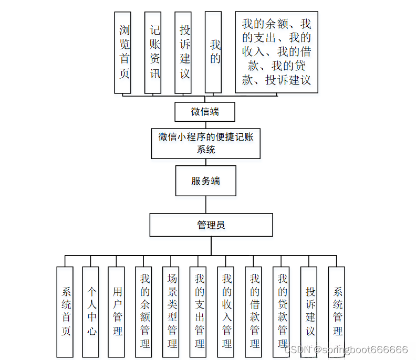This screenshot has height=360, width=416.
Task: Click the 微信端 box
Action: coord(205,112)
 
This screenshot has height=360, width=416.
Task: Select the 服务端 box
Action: coord(205,181)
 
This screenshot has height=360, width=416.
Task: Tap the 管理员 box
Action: coord(211,225)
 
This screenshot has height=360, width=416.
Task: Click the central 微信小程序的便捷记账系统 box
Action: coord(206,143)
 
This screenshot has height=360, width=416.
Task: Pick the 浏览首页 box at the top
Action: coord(123,52)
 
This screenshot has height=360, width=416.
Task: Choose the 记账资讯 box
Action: coord(153,52)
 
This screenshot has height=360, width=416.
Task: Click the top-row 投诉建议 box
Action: coord(183,52)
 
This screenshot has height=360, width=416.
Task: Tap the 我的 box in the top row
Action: coord(213,52)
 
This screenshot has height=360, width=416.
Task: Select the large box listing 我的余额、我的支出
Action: coord(276,52)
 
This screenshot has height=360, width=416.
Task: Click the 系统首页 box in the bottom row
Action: coord(65,312)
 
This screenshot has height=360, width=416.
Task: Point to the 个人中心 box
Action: coord(90,312)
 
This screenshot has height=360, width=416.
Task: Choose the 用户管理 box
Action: coord(116,312)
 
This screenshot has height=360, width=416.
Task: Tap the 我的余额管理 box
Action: coord(144,312)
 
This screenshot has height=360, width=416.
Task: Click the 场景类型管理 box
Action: coord(171,312)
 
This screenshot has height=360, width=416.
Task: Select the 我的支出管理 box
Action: coord(199,312)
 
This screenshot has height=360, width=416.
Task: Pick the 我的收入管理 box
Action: coord(226,312)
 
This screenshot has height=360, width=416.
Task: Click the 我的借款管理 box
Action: coord(254,312)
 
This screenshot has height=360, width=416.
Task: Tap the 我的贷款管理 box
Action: coord(282,312)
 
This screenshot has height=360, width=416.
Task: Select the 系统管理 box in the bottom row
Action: coord(337,312)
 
